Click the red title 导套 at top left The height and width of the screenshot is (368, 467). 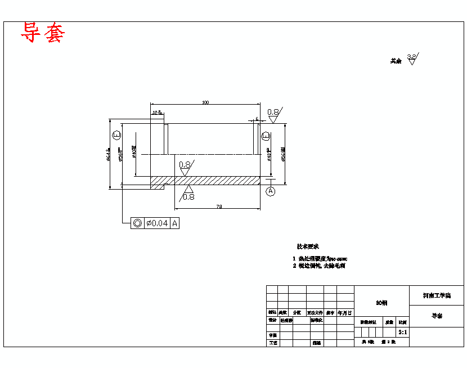pyautogui.click(x=43, y=33)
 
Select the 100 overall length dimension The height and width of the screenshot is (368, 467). pyautogui.click(x=205, y=102)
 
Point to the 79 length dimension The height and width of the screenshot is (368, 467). pyautogui.click(x=219, y=207)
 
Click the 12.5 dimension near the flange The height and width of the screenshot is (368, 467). pyautogui.click(x=157, y=113)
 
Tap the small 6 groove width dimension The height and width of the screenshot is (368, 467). pyautogui.click(x=257, y=119)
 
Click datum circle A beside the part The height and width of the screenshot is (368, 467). pyautogui.click(x=271, y=191)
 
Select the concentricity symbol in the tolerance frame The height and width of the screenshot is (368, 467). pyautogui.click(x=137, y=223)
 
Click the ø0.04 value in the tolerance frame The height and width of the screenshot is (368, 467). pyautogui.click(x=157, y=223)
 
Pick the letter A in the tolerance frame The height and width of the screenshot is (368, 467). pyautogui.click(x=175, y=223)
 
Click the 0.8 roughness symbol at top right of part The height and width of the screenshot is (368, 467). pyautogui.click(x=273, y=113)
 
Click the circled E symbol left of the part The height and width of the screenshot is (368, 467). pyautogui.click(x=116, y=136)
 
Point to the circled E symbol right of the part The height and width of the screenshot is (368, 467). pyautogui.click(x=266, y=136)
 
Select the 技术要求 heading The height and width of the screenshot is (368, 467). pyautogui.click(x=308, y=246)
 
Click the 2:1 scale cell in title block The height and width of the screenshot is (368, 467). pyautogui.click(x=403, y=332)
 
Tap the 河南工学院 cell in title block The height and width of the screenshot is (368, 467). pyautogui.click(x=437, y=295)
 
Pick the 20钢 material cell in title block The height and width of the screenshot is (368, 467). pyautogui.click(x=381, y=303)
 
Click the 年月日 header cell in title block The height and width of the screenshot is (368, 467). pyautogui.click(x=345, y=312)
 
